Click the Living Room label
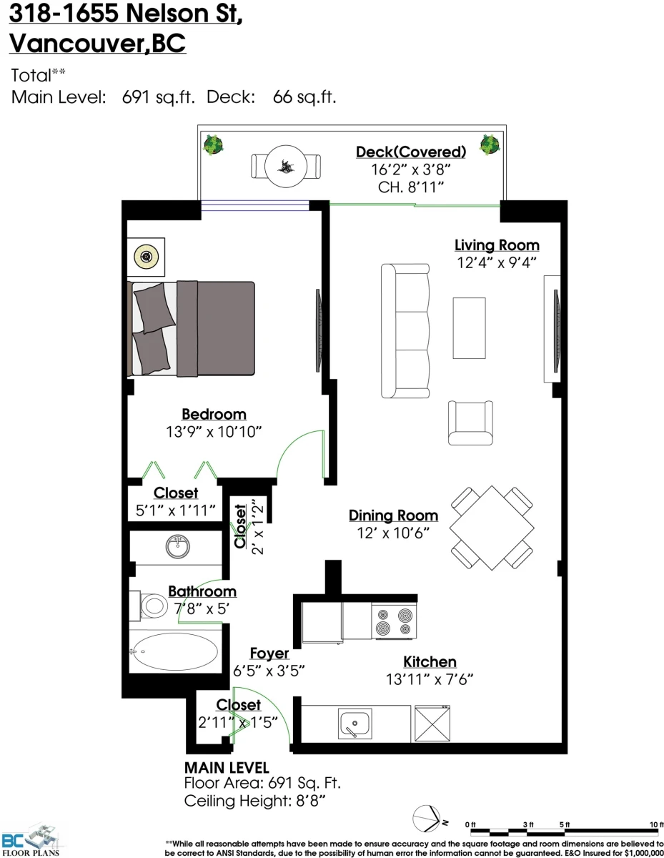coord(497,245)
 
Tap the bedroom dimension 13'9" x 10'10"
coord(214,432)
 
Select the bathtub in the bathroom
coord(175,651)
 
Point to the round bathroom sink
coord(177,546)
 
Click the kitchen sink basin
coord(355,724)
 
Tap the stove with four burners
coord(394,621)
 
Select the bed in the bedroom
coord(191,328)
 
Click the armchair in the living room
coord(470,423)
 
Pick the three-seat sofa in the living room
coord(405,331)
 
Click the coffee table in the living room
coord(469,328)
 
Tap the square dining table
coord(492,528)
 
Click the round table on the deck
coord(286,166)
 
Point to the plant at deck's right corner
coord(490,144)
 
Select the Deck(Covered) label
coord(411,152)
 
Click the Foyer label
coord(269,654)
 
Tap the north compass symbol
coord(427,819)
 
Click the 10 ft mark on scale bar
coord(657,824)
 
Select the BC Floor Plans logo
coord(30,839)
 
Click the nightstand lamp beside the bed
coord(147,257)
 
